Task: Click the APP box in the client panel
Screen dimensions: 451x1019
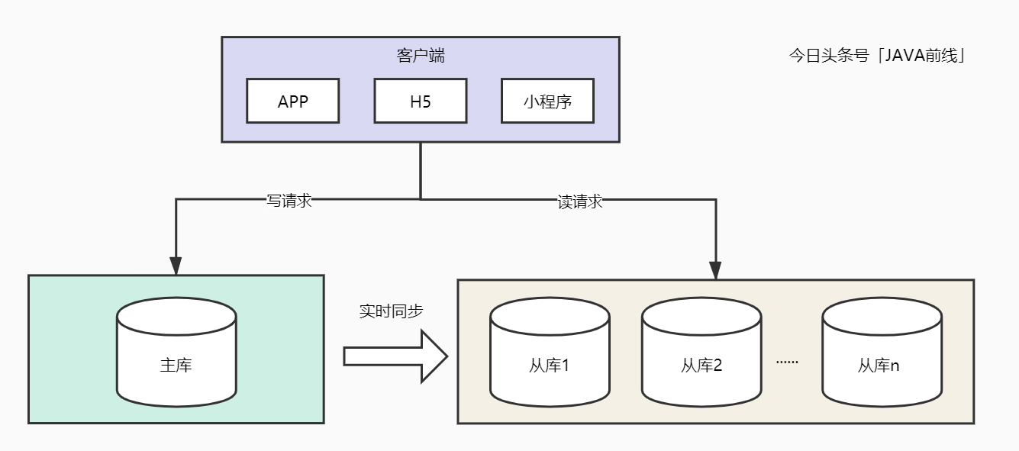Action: [x=292, y=101]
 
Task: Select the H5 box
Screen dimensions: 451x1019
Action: [x=420, y=101]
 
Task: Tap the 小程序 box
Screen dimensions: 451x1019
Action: [x=547, y=101]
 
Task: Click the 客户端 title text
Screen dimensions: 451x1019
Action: [x=421, y=56]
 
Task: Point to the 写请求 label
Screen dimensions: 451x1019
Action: [x=289, y=201]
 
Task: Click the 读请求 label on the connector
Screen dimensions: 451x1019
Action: [x=580, y=201]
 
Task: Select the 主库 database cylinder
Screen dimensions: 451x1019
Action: [x=176, y=351]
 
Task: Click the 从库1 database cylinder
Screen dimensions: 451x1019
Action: [x=550, y=351]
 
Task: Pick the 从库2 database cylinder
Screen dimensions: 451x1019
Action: [x=701, y=351]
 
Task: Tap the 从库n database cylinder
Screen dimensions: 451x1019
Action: [x=881, y=351]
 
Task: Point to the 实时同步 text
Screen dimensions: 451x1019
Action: [x=391, y=311]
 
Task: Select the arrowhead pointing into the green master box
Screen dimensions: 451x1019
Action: [x=176, y=266]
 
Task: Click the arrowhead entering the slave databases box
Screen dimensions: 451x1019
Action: [x=715, y=269]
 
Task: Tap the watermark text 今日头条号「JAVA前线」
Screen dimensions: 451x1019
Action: [x=878, y=56]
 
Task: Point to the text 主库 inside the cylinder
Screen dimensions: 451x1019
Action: [x=176, y=365]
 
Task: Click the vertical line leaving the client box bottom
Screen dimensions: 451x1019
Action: [x=421, y=169]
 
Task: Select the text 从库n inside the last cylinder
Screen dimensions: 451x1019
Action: [x=879, y=366]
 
